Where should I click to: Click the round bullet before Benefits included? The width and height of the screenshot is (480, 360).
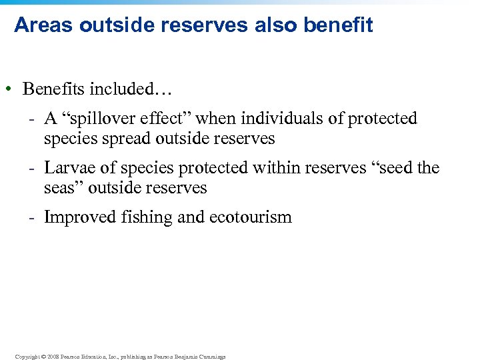(10, 89)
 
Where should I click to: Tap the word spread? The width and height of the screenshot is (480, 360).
(129, 139)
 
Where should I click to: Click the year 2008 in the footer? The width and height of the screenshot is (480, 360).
(51, 357)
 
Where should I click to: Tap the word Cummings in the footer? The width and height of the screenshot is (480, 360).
(210, 357)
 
